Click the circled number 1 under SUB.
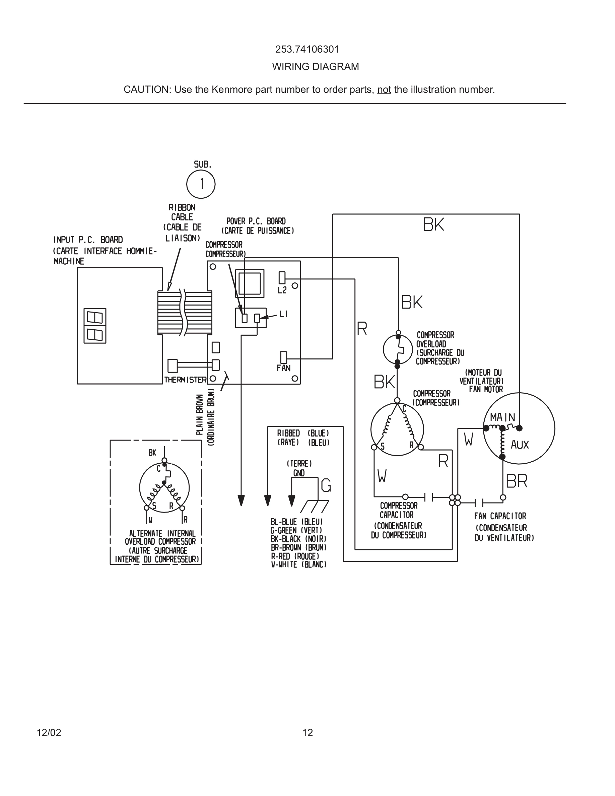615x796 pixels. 201,184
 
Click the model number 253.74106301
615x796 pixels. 307,49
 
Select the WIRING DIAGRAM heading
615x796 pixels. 316,67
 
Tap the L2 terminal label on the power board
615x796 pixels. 282,290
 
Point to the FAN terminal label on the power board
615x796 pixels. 283,368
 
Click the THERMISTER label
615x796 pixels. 185,380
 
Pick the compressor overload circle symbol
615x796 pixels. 398,349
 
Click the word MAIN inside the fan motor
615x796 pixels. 502,417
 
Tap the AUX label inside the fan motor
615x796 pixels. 520,445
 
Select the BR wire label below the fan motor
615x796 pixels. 517,481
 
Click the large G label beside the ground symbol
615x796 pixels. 326,485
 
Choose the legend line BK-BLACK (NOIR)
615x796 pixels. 298,539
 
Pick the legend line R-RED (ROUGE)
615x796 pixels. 295,556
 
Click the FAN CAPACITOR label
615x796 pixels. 500,516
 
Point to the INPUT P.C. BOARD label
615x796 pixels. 88,240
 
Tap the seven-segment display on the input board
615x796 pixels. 95,326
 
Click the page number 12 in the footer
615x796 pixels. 307,733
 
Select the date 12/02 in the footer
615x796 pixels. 49,733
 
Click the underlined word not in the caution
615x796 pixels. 384,90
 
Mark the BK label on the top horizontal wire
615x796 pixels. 433,224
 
